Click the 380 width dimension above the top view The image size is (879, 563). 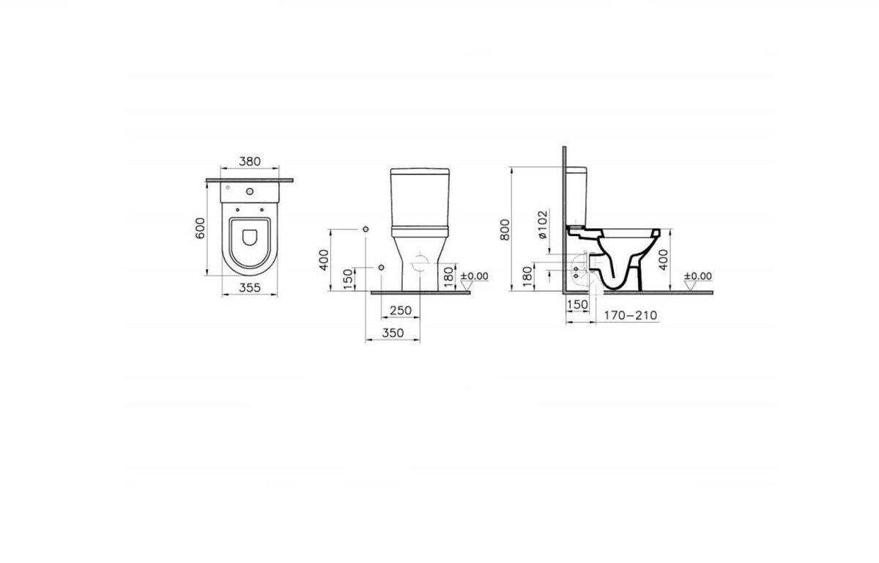(x=250, y=161)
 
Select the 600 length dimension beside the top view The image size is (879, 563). (x=200, y=228)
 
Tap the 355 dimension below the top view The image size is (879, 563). (x=250, y=288)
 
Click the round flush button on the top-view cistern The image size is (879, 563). (x=250, y=191)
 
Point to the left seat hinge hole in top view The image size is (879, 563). (x=237, y=210)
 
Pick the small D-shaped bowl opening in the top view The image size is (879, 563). (x=250, y=238)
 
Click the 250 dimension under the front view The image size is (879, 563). (x=401, y=311)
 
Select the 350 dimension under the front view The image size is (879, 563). (x=393, y=333)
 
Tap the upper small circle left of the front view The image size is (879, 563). (x=366, y=229)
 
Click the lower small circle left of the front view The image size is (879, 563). (x=381, y=268)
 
